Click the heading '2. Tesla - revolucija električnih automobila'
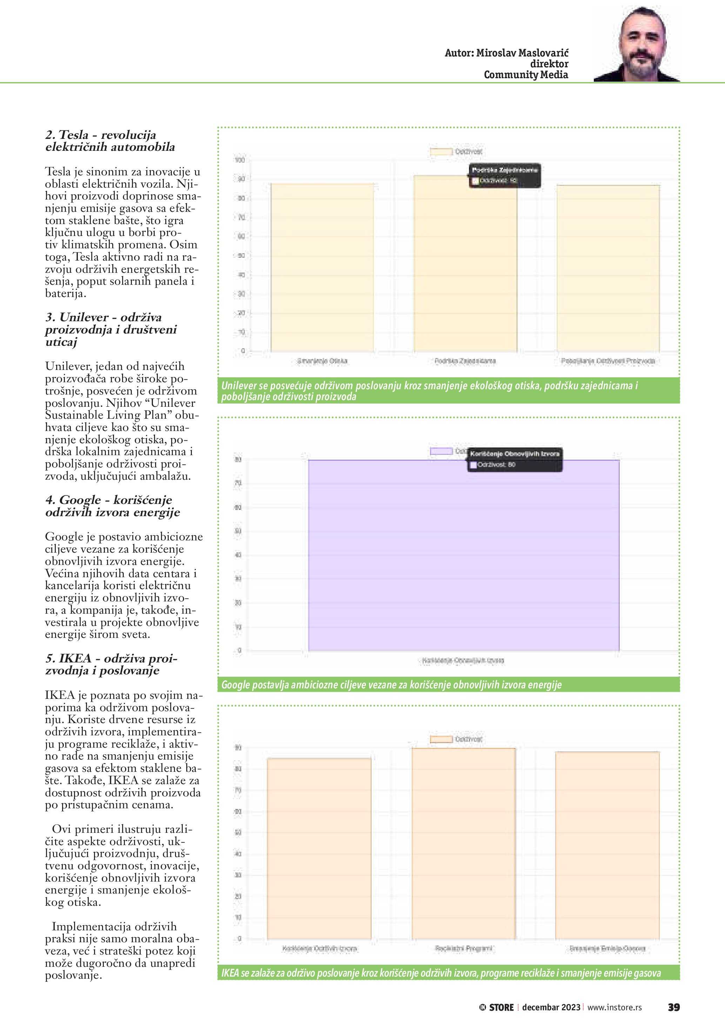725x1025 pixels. pyautogui.click(x=110, y=141)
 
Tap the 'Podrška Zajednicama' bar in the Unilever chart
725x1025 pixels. pyautogui.click(x=465, y=268)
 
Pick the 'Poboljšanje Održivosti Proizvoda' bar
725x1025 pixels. pyautogui.click(x=608, y=268)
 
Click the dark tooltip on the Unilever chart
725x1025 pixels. pyautogui.click(x=504, y=175)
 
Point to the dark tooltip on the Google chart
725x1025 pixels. pyautogui.click(x=514, y=459)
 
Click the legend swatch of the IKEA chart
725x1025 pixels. pyautogui.click(x=441, y=739)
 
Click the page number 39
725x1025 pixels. pyautogui.click(x=673, y=1007)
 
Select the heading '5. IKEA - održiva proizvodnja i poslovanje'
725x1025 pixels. pyautogui.click(x=111, y=664)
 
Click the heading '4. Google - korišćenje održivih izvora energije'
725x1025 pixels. pyautogui.click(x=113, y=506)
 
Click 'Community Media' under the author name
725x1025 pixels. pyautogui.click(x=525, y=75)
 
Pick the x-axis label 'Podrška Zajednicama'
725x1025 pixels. pyautogui.click(x=465, y=361)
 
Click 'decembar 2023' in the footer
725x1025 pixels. pyautogui.click(x=551, y=1007)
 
